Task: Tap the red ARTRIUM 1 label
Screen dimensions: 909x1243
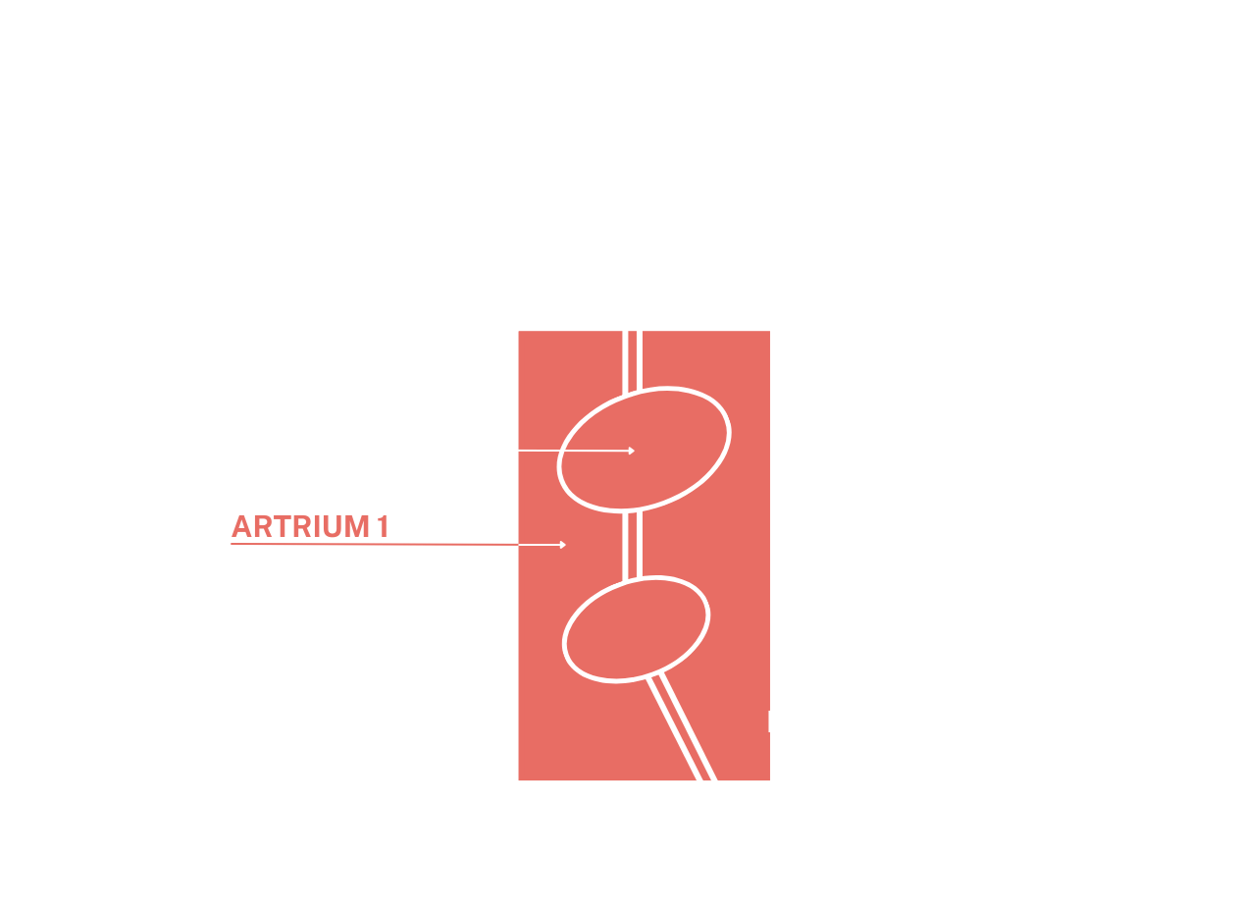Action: coord(309,527)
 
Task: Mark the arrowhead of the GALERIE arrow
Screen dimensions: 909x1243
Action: coord(631,451)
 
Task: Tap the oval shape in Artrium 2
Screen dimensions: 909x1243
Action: coord(645,193)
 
